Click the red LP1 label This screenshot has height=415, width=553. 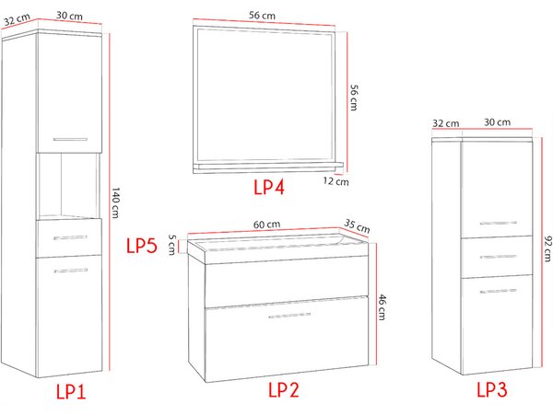[71, 391]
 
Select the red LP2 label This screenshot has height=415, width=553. [284, 389]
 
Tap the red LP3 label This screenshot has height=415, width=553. [492, 389]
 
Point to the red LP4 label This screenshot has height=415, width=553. [269, 187]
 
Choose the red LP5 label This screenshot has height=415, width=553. [141, 246]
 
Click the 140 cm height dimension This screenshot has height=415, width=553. [116, 202]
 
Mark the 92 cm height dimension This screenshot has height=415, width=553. [547, 249]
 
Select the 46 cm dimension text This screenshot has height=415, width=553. [382, 307]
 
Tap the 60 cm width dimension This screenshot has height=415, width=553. [266, 225]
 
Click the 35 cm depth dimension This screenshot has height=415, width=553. [357, 226]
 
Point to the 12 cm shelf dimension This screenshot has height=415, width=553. [335, 181]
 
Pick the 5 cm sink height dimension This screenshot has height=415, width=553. [171, 245]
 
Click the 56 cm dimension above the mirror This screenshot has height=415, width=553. [262, 16]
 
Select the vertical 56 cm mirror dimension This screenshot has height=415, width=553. [354, 98]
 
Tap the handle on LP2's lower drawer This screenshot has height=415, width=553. [289, 316]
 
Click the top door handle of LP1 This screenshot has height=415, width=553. [70, 139]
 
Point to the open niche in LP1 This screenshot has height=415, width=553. [68, 186]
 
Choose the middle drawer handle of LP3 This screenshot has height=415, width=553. [498, 257]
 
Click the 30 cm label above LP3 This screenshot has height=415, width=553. [497, 122]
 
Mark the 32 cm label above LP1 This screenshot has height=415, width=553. [17, 19]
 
